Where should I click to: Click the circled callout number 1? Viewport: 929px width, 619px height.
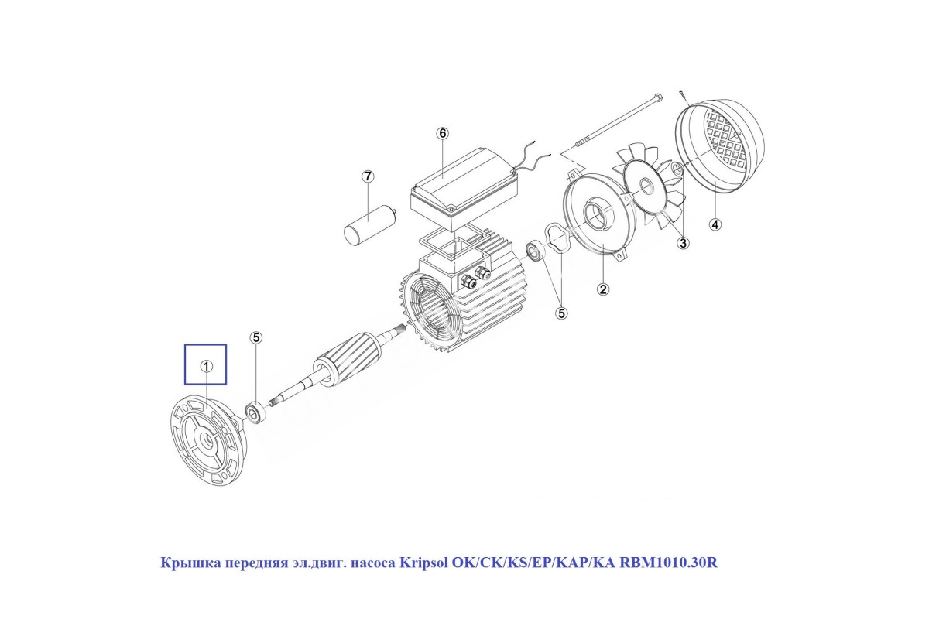206,366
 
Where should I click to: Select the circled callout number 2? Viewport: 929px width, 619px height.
602,289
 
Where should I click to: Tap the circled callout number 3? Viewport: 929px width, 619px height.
683,242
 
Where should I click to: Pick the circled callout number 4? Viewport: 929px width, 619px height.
715,224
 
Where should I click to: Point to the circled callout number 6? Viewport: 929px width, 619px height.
443,133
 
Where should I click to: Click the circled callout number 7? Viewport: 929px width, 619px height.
368,176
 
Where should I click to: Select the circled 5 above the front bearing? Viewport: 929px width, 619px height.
256,337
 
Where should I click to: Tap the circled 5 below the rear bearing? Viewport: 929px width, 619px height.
561,313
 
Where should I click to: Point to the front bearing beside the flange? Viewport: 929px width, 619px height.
254,412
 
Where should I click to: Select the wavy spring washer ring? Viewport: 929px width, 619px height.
557,237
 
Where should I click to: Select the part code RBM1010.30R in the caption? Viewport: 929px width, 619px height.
668,563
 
